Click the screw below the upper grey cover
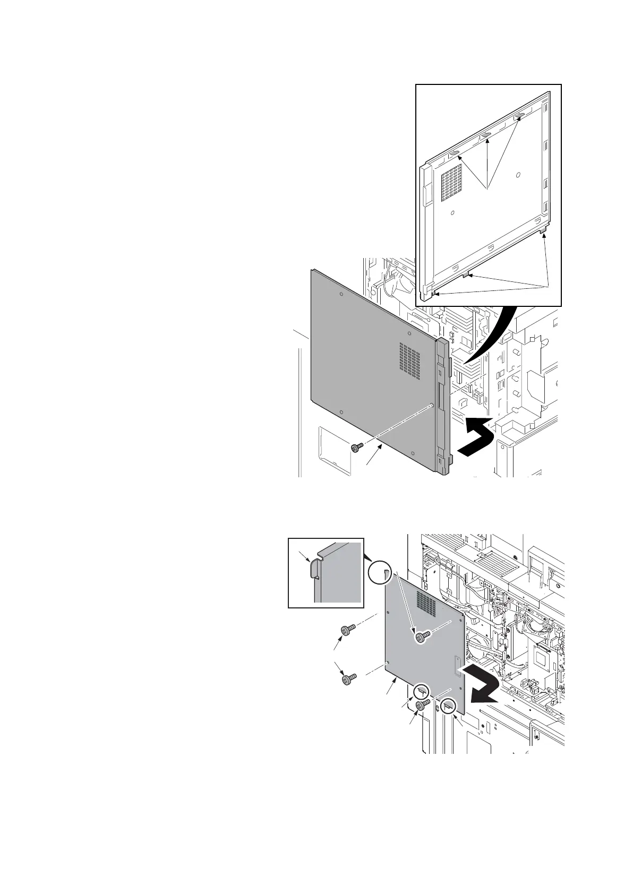(x=356, y=448)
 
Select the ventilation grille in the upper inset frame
(x=452, y=182)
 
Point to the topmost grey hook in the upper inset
(x=520, y=115)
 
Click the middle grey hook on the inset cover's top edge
(x=485, y=136)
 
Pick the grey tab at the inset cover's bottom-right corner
(x=543, y=233)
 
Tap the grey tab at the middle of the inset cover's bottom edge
(x=466, y=274)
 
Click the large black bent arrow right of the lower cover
(x=482, y=685)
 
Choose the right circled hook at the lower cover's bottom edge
(x=448, y=706)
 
